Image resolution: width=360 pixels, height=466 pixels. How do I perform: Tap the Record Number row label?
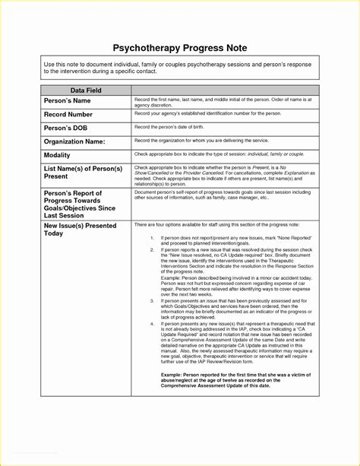[68, 114]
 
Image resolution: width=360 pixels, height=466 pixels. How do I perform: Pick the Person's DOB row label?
[65, 127]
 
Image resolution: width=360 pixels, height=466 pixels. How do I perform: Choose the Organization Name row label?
[74, 141]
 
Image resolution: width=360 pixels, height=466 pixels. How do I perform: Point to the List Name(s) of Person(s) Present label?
[83, 171]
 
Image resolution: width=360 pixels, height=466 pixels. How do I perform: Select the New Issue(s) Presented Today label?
[80, 230]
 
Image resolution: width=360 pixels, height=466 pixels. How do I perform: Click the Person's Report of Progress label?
[79, 204]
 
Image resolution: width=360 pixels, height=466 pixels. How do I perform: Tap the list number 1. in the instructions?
[152, 238]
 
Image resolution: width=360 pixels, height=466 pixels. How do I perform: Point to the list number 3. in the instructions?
[152, 301]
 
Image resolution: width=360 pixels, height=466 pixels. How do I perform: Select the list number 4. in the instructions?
[152, 324]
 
